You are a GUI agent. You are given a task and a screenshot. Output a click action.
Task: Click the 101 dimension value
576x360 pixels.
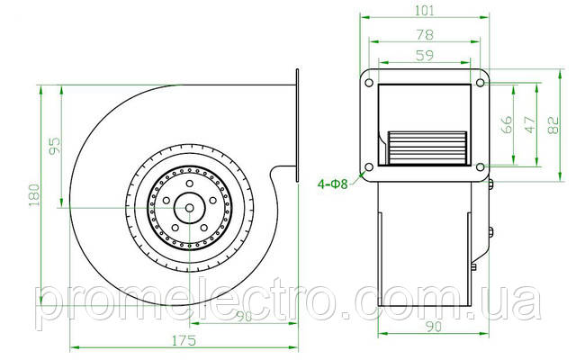[424, 10]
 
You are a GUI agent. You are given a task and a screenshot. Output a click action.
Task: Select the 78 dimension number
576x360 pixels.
[425, 34]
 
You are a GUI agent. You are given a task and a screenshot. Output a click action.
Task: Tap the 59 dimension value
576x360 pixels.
[425, 56]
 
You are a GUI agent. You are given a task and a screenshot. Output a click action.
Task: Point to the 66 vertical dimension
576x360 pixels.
[506, 124]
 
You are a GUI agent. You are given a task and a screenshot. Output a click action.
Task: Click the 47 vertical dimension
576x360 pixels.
[530, 124]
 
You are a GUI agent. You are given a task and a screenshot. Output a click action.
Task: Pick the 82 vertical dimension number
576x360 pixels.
[553, 125]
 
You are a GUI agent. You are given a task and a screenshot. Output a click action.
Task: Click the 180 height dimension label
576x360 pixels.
[34, 195]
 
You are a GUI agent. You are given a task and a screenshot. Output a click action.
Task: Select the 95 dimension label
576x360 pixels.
[54, 146]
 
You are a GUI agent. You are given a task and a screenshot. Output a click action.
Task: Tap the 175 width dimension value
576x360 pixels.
[184, 341]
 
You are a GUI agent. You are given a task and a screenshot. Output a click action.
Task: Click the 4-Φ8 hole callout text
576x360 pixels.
[332, 184]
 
